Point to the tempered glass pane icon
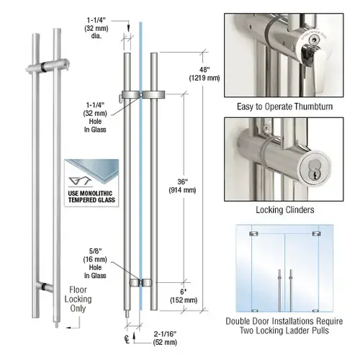click(x=89, y=171)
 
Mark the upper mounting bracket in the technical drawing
click(x=144, y=95)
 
